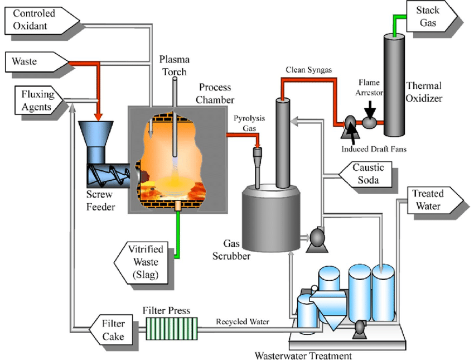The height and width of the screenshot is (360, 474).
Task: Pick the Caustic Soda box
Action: click(x=370, y=174)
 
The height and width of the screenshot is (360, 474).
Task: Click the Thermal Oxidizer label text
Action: click(x=424, y=92)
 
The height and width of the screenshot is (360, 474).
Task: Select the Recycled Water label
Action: click(x=243, y=322)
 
